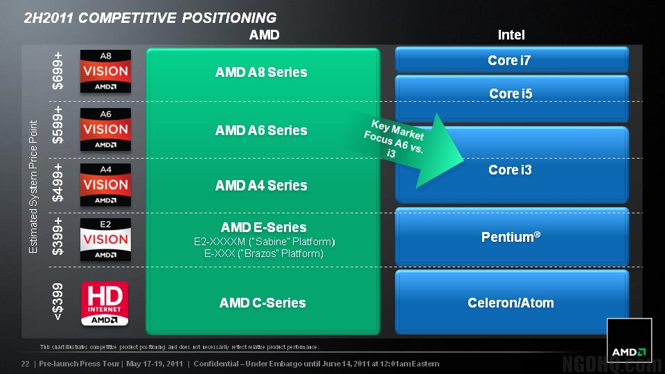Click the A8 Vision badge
click(x=105, y=71)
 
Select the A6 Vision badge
click(x=105, y=129)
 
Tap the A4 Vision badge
click(x=105, y=184)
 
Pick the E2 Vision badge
click(x=105, y=240)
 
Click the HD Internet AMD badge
click(x=105, y=303)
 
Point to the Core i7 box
click(x=511, y=60)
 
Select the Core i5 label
click(x=511, y=93)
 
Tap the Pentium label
click(x=511, y=237)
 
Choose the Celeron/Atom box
click(x=511, y=303)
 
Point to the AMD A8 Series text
click(x=261, y=72)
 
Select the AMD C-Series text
click(x=263, y=303)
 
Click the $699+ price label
click(x=59, y=71)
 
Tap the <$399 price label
click(x=59, y=301)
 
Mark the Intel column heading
click(x=511, y=35)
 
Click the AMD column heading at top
click(x=264, y=35)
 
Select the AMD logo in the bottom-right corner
click(x=629, y=341)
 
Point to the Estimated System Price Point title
click(x=34, y=187)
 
